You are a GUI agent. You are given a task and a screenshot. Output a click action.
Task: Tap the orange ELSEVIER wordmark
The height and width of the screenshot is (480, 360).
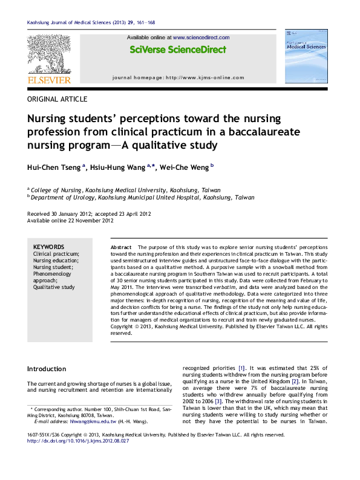(x=49, y=79)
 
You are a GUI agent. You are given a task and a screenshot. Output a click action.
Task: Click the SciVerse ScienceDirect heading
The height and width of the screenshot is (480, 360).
(x=177, y=50)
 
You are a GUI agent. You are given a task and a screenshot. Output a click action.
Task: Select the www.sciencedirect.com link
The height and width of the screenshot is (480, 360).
(x=200, y=37)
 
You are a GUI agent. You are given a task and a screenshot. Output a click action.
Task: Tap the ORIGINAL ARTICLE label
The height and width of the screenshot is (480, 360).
(x=57, y=99)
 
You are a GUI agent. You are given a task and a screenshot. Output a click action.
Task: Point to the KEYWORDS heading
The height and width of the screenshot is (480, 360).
(x=49, y=247)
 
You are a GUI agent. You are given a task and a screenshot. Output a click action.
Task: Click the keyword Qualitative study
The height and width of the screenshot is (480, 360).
(x=54, y=288)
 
